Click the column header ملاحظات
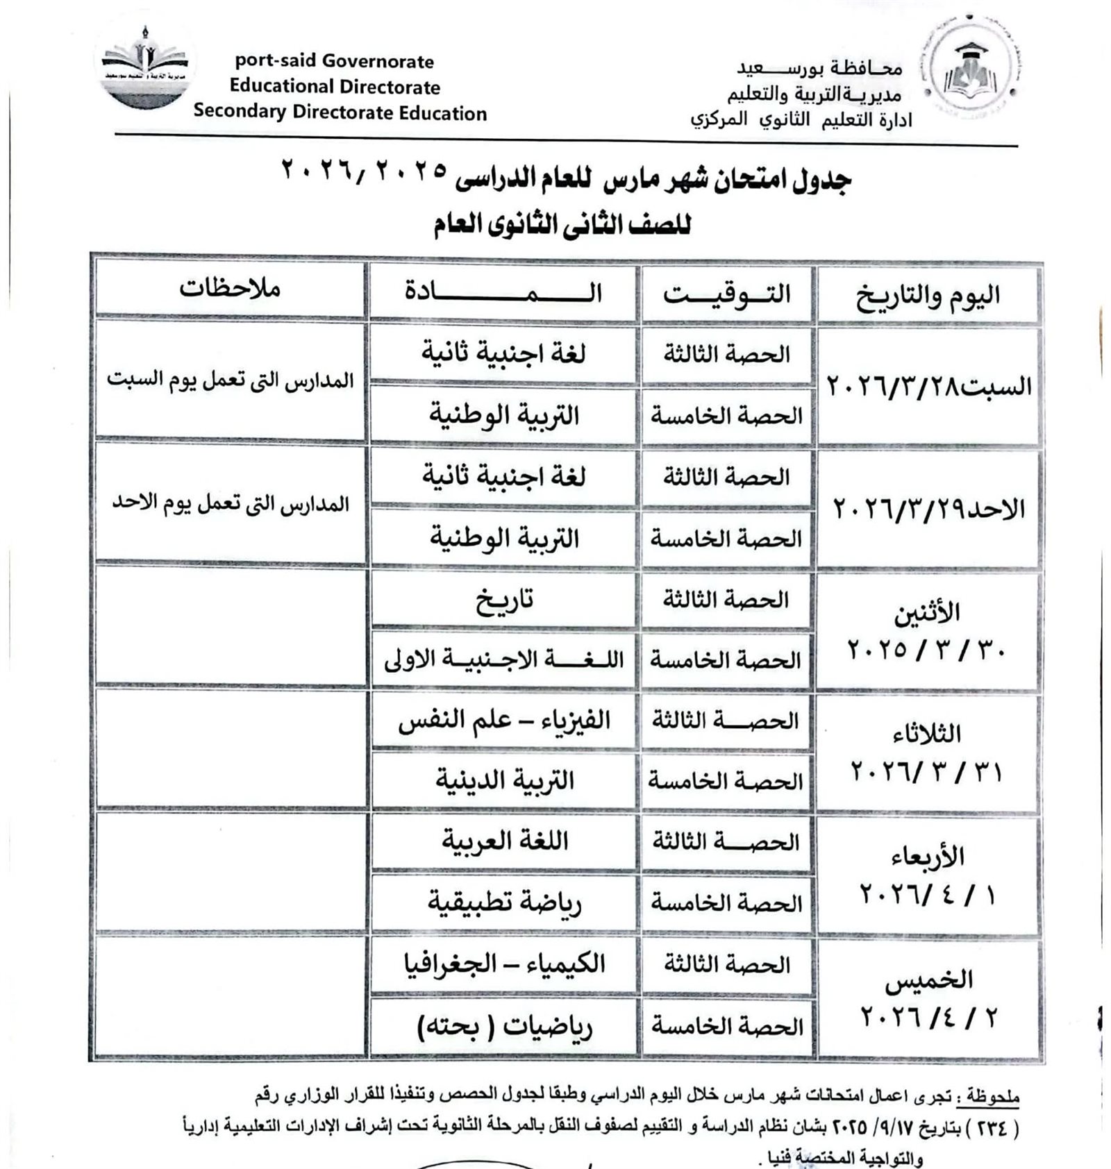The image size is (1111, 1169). click(x=230, y=288)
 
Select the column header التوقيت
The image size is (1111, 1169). click(x=726, y=294)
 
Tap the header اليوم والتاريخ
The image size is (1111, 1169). click(x=928, y=295)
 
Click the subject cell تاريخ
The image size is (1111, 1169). click(x=504, y=599)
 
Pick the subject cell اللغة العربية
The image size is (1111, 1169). click(x=505, y=841)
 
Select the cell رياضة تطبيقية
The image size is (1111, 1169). click(x=504, y=902)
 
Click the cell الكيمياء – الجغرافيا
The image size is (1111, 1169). click(x=504, y=964)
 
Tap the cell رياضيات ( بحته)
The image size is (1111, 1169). click(x=504, y=1026)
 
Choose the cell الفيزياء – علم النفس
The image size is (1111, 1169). click(x=504, y=721)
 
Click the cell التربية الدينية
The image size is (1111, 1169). click(x=504, y=781)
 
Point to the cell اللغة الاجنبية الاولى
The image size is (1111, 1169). click(x=504, y=659)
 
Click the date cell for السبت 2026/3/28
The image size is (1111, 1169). click(x=928, y=386)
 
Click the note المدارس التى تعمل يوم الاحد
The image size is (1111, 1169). click(x=231, y=504)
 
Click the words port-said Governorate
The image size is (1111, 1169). click(x=334, y=61)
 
